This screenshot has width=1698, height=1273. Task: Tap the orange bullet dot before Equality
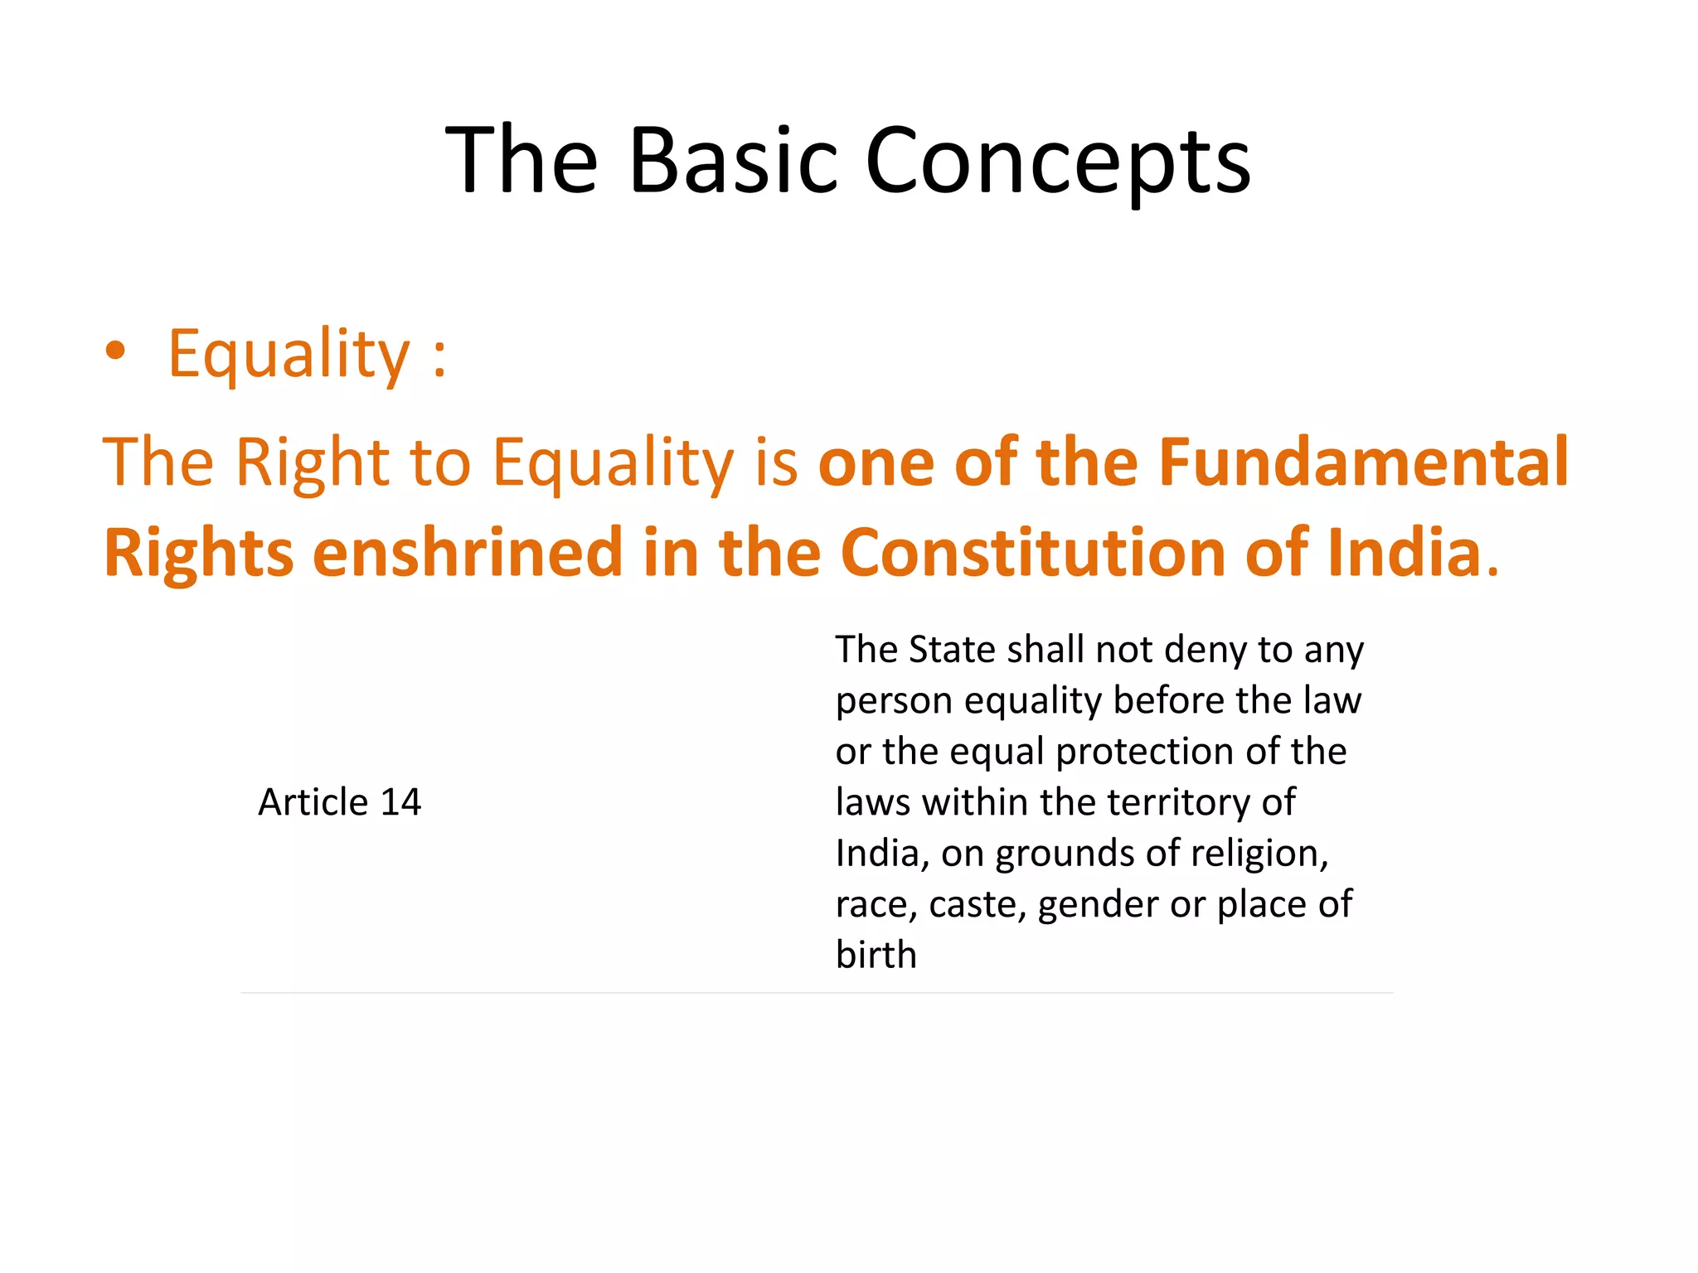click(x=115, y=351)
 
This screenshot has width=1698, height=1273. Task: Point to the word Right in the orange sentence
click(x=312, y=462)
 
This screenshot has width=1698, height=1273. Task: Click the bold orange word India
click(x=1404, y=553)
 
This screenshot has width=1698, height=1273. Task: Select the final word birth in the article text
click(x=876, y=955)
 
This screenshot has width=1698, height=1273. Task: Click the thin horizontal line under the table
click(x=817, y=993)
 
